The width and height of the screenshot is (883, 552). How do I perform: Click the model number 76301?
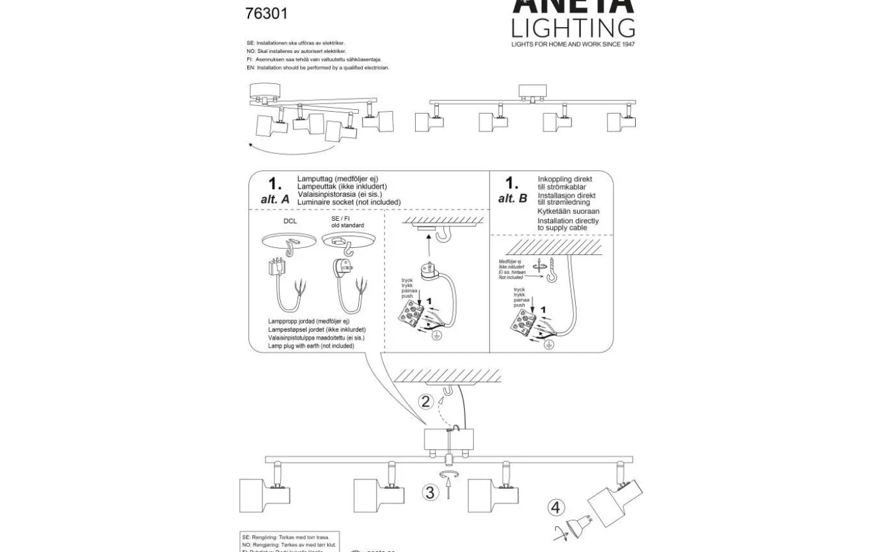tap(266, 13)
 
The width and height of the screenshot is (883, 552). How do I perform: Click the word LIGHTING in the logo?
tap(573, 28)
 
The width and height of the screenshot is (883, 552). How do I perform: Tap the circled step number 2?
tap(426, 402)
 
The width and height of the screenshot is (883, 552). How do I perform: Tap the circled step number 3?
tap(430, 493)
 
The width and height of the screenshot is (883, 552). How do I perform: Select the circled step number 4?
tap(555, 507)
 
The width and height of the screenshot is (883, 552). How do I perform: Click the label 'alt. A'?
tap(275, 199)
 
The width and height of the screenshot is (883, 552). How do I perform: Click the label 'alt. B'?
tap(512, 199)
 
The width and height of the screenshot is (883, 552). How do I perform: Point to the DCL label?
tap(290, 221)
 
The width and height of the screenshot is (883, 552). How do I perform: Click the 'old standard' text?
tap(348, 225)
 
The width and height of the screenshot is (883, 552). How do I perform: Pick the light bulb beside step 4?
tap(575, 529)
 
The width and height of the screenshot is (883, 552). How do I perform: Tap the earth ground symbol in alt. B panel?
tap(549, 344)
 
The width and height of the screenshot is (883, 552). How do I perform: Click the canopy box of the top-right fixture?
tap(533, 90)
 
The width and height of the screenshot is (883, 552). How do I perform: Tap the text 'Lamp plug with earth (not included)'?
tap(311, 346)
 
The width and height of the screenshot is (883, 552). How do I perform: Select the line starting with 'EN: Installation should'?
tap(318, 68)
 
